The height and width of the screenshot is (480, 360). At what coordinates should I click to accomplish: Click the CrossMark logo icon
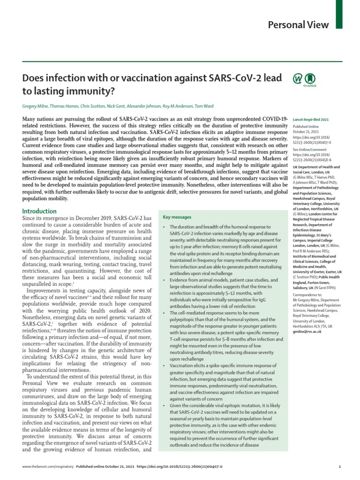click(x=310, y=79)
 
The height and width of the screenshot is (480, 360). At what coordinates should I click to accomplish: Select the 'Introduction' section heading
click(x=39, y=211)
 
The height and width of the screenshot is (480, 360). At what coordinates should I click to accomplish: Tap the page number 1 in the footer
click(x=339, y=467)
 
